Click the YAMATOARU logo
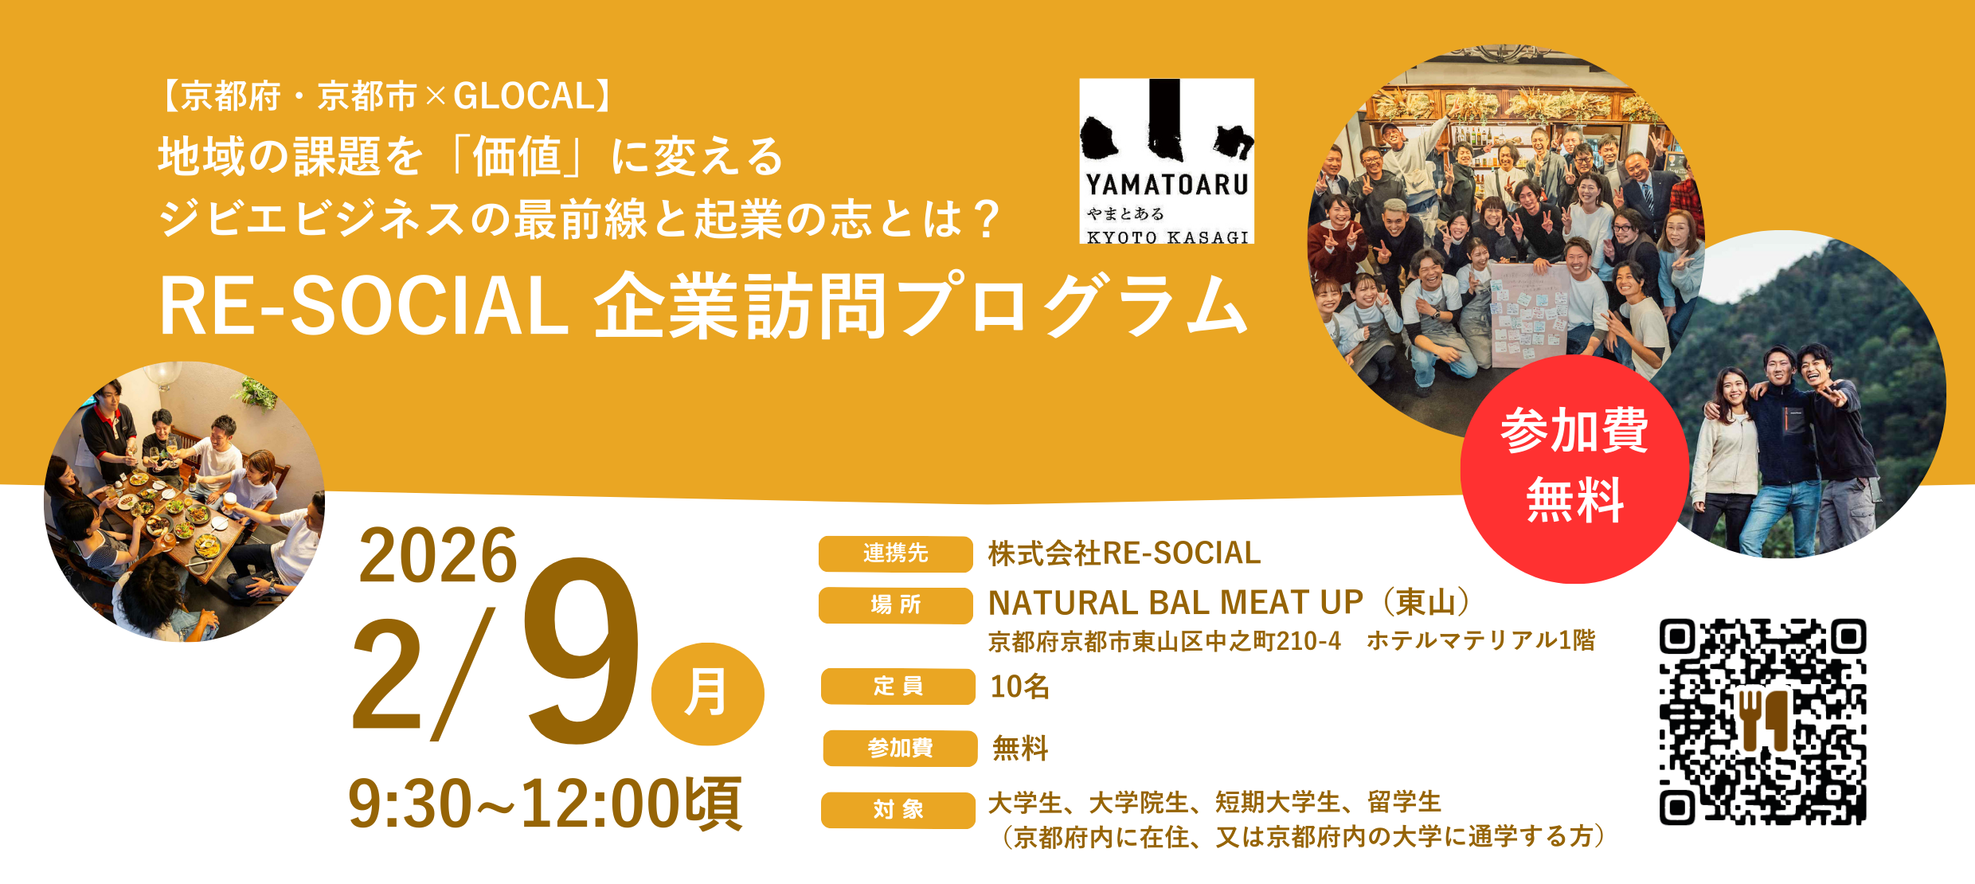[x=1167, y=161]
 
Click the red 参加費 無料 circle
[x=1574, y=469]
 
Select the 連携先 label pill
[x=895, y=553]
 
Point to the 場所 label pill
[x=895, y=605]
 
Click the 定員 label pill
[x=898, y=686]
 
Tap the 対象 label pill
[x=898, y=810]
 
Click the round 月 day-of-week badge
[x=707, y=694]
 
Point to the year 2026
[x=438, y=556]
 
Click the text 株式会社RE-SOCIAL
[x=1124, y=553]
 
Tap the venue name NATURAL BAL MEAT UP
[x=1175, y=603]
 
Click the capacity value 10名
[x=1019, y=686]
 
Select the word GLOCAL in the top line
[x=524, y=96]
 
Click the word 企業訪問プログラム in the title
[x=920, y=307]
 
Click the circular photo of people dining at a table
[x=184, y=502]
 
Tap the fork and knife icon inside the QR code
[x=1762, y=719]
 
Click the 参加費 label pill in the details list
[x=900, y=748]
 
